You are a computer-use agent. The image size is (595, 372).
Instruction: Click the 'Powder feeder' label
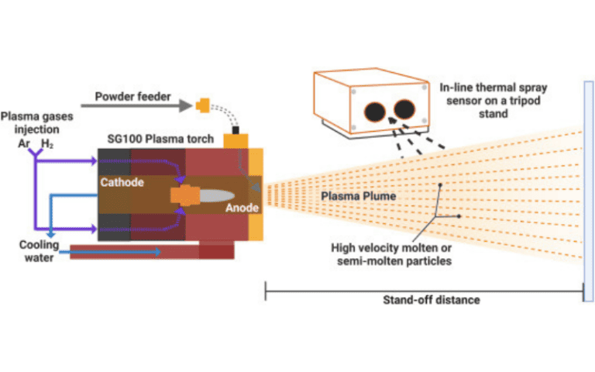[x=132, y=97]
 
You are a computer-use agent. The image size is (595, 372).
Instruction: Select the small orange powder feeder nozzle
[x=205, y=103]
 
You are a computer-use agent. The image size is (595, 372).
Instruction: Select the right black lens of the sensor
[x=405, y=110]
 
